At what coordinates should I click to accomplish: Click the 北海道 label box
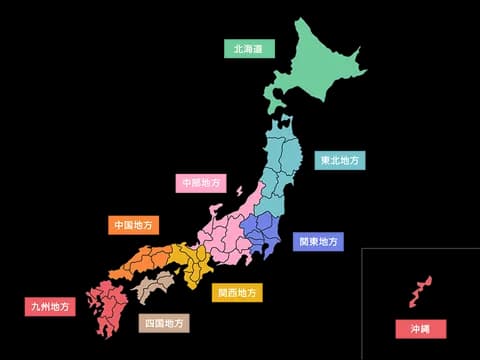pos(247,48)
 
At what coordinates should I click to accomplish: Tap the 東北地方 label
pos(340,160)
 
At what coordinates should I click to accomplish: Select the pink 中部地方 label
pos(201,183)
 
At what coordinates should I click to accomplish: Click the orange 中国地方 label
pos(133,225)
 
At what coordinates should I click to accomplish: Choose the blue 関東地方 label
pos(319,241)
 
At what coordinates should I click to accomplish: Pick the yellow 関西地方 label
pos(238,293)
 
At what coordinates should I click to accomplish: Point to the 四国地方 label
pos(163,323)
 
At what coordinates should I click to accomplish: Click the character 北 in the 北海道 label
pos(238,48)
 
